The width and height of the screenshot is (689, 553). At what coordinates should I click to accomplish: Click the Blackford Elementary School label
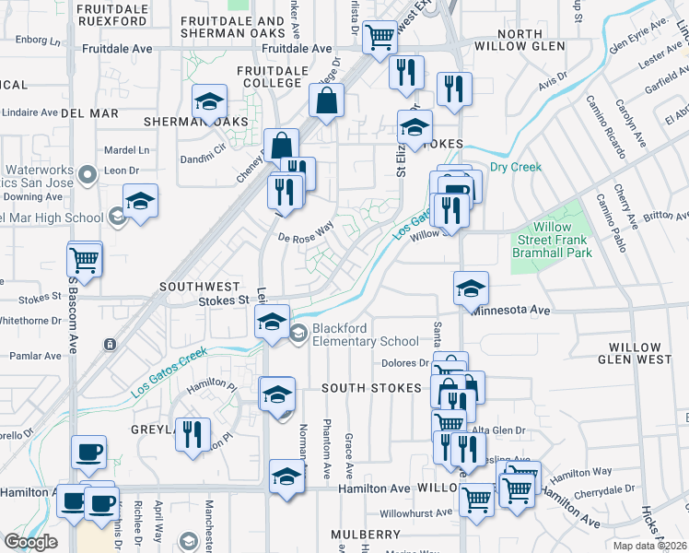coord(366,334)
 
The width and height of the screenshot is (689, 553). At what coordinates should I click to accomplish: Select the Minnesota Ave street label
coord(511,312)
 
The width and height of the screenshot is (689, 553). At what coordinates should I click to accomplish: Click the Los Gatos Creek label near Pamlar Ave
coord(167,374)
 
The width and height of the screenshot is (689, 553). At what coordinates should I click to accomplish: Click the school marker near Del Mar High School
coord(140,201)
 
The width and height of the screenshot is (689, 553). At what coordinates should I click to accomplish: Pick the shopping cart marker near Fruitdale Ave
coord(380,37)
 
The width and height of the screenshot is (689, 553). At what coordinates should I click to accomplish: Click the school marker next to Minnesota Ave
coord(471,288)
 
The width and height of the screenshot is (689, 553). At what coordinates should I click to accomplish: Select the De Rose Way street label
coord(305,234)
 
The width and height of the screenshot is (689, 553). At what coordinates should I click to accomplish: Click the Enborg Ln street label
coord(36,41)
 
